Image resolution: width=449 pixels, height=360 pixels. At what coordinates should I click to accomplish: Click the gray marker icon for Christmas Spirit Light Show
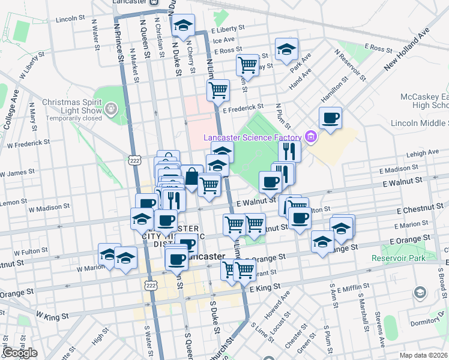tap(111, 109)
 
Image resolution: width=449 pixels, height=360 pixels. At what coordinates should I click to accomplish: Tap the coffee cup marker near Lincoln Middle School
tap(330, 118)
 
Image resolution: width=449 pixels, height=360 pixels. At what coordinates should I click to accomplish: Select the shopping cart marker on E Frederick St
tap(218, 90)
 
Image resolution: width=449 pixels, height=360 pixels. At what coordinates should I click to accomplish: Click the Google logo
tap(20, 353)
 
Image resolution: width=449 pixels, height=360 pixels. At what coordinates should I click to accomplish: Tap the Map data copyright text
tap(424, 355)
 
